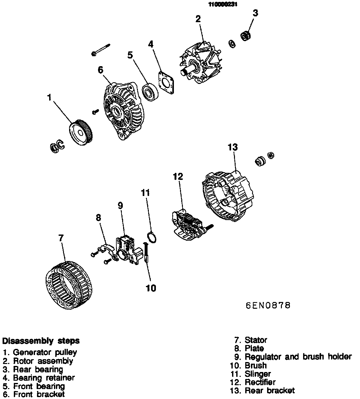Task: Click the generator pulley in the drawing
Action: pyautogui.click(x=81, y=133)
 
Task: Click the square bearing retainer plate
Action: pyautogui.click(x=166, y=82)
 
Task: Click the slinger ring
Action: pyautogui.click(x=151, y=237)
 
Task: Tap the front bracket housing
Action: pyautogui.click(x=123, y=111)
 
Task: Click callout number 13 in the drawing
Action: pyautogui.click(x=233, y=147)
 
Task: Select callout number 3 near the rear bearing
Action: pyautogui.click(x=255, y=13)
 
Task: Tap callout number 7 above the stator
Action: pyautogui.click(x=61, y=238)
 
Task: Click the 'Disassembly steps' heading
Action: pyautogui.click(x=41, y=341)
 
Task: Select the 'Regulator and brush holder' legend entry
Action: pyautogui.click(x=298, y=357)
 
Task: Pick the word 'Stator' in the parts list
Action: pyautogui.click(x=256, y=340)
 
